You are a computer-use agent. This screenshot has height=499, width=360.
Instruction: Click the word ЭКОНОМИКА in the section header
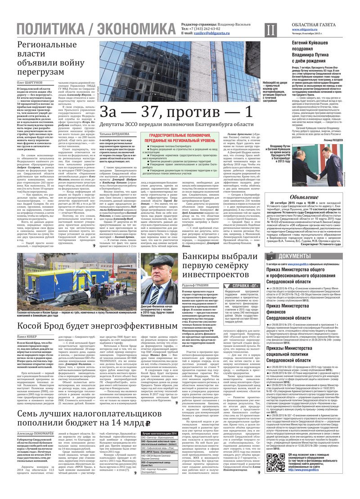(x=135, y=30)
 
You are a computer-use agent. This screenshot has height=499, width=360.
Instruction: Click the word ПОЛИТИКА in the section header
(x=49, y=30)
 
